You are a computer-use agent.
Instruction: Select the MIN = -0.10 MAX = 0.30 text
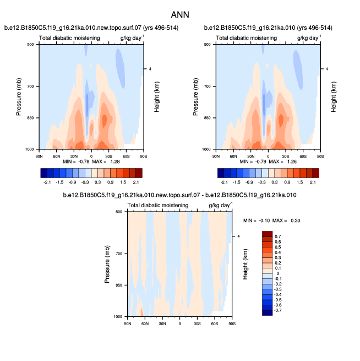pos(272,220)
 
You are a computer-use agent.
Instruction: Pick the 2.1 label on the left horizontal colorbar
pos(135,181)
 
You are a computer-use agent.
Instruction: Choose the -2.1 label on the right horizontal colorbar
pos(224,181)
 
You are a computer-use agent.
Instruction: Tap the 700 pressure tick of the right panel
pos(208,87)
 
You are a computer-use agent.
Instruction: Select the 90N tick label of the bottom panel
pos(128,322)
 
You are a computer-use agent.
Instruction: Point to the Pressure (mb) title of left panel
pos(19,96)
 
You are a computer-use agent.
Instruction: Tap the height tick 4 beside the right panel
pos(327,69)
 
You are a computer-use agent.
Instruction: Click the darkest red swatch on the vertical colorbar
pos(268,234)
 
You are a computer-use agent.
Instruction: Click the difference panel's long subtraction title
pos(179,196)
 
